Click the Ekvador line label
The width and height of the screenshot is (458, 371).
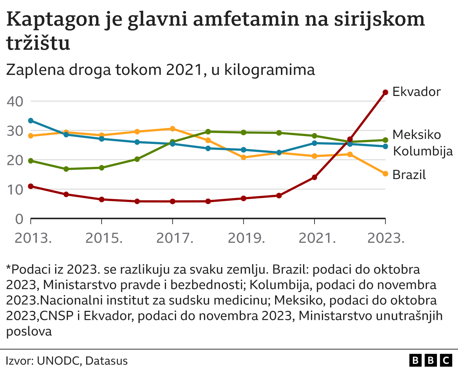coord(416,92)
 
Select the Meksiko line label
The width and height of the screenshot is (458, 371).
coord(416,135)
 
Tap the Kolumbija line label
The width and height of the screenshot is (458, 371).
coord(423,151)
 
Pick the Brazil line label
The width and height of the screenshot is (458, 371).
coord(409,175)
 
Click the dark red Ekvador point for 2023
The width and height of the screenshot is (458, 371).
coord(385,92)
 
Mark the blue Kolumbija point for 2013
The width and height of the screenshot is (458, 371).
coord(31,121)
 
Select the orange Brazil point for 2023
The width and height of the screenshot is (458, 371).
coord(385,174)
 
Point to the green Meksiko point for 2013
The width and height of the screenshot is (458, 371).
coord(31,161)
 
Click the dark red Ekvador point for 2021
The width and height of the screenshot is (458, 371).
coord(315,177)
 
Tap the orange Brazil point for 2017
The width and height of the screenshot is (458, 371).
coord(172,129)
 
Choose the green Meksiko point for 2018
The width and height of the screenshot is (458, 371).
coord(208,132)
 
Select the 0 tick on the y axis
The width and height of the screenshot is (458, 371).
coord(19,219)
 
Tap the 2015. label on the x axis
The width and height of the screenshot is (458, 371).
coord(104,238)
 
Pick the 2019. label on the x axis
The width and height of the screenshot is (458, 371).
coord(246,238)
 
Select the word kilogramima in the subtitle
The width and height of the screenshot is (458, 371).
coord(269,70)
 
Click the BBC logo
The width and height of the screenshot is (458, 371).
coord(431,360)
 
